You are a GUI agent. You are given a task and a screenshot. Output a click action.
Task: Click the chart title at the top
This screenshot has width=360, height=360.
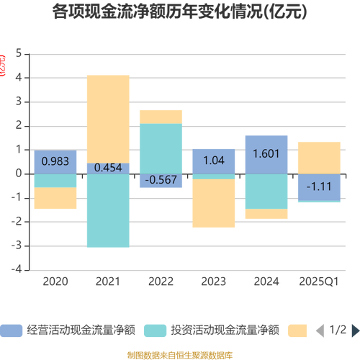(x=179, y=12)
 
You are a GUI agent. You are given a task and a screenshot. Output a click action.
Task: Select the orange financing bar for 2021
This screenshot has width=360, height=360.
(x=108, y=119)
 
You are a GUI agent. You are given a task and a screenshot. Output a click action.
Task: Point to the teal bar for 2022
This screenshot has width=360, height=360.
(x=161, y=148)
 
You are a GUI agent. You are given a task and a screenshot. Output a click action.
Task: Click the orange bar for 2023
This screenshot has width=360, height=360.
(x=213, y=203)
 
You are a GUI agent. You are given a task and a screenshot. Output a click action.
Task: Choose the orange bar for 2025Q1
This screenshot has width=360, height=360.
(x=319, y=158)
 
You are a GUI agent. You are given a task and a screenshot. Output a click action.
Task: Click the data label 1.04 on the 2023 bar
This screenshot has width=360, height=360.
(x=213, y=161)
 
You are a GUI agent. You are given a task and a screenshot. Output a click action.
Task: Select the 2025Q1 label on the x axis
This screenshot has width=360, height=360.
(x=319, y=282)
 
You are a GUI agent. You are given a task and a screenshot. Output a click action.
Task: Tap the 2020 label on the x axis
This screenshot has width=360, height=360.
(x=55, y=282)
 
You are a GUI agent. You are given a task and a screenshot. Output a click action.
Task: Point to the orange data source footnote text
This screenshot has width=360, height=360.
(x=179, y=353)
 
